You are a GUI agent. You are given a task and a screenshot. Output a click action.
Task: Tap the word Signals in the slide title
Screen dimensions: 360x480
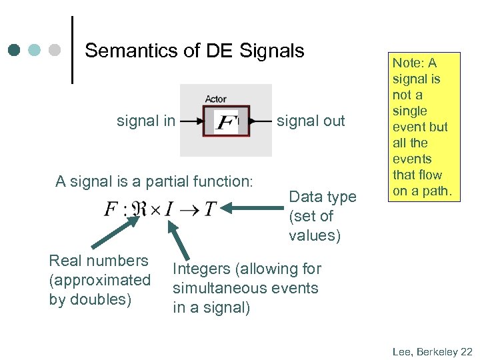point(273,51)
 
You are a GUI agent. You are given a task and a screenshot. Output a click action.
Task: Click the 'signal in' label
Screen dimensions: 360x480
point(146,121)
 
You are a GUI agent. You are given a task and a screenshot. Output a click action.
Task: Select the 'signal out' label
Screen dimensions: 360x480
point(311,121)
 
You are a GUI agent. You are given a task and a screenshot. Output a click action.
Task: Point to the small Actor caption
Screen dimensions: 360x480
point(215,99)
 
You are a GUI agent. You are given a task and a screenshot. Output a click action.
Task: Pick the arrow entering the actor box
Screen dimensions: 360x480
point(192,121)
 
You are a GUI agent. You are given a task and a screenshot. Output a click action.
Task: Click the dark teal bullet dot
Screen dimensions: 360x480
point(15,50)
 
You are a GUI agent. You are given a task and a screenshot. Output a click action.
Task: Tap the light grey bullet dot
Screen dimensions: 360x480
point(55,50)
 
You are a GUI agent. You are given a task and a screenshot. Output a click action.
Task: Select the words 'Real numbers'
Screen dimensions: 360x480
point(99,261)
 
